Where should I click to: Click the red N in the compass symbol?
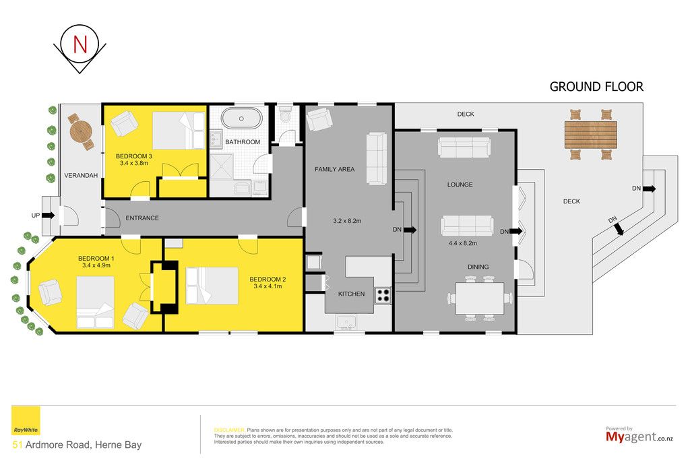[x=80, y=44]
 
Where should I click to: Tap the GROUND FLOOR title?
[x=596, y=87]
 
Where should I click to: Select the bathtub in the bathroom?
[x=242, y=119]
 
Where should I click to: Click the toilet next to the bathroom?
[x=286, y=114]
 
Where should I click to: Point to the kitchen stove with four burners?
[x=383, y=296]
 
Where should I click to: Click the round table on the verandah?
[x=81, y=131]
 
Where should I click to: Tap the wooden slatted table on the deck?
[x=590, y=135]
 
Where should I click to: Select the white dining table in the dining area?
[x=480, y=298]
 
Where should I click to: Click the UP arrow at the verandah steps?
[x=49, y=216]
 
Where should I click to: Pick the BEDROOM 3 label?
[x=134, y=156]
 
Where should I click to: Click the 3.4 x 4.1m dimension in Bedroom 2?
[x=268, y=286]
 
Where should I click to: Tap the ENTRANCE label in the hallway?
[x=142, y=218]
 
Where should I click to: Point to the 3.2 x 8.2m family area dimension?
[x=347, y=221]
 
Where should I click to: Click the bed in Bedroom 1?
[x=95, y=302]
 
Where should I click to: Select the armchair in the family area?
[x=319, y=119]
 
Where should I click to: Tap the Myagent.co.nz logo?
[x=639, y=436]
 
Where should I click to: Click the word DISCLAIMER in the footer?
[x=229, y=430]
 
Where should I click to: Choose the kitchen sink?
[x=346, y=322]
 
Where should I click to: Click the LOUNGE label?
[x=460, y=185]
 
